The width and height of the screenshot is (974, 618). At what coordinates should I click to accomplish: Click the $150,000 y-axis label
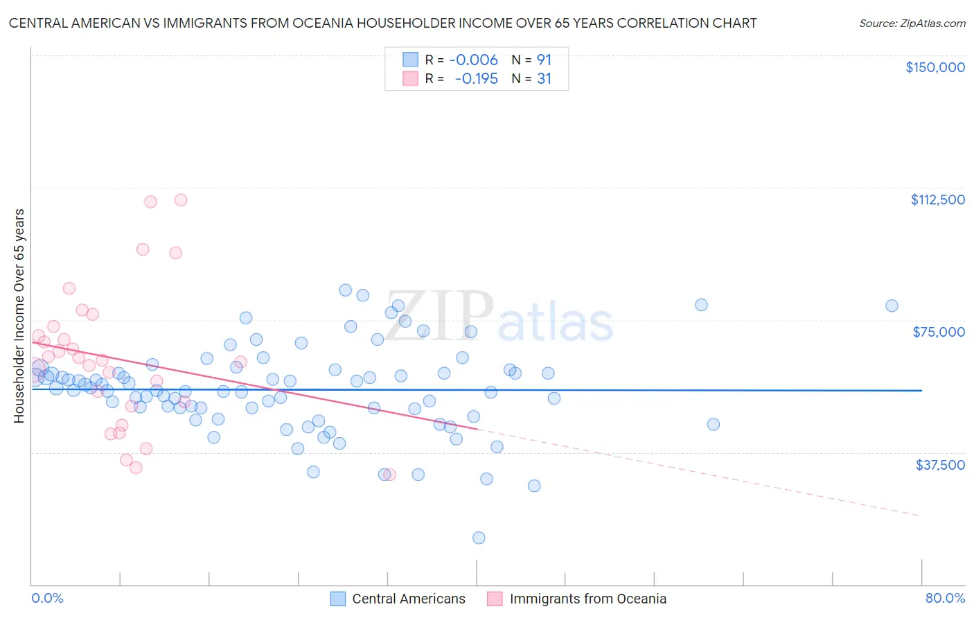click(935, 67)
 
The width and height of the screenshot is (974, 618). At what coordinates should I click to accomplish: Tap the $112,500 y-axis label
click(937, 200)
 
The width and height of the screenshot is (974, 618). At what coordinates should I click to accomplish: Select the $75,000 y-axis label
click(939, 332)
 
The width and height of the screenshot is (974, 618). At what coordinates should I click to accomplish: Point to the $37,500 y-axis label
click(940, 465)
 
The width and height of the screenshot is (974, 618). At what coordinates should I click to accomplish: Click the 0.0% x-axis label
click(47, 598)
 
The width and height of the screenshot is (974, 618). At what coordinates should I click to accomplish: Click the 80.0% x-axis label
click(945, 598)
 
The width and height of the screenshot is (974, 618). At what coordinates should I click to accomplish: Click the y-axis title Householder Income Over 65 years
click(19, 315)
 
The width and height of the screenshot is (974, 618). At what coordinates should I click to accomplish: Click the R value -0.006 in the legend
click(473, 60)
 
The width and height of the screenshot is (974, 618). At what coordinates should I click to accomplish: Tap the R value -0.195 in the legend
click(476, 79)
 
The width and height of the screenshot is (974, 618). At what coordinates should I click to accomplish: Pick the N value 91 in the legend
click(544, 60)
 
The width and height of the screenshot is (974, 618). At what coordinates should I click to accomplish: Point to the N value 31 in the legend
click(544, 79)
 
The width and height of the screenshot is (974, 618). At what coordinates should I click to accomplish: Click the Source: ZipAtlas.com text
click(912, 24)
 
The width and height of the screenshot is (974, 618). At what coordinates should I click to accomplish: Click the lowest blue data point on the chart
click(478, 538)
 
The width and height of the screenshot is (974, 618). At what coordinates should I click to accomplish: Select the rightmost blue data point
click(892, 306)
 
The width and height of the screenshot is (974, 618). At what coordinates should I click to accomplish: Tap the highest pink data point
click(181, 200)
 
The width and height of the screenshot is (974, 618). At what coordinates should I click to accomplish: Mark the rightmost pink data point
click(389, 475)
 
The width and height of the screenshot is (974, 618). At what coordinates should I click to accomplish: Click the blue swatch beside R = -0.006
click(411, 60)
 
